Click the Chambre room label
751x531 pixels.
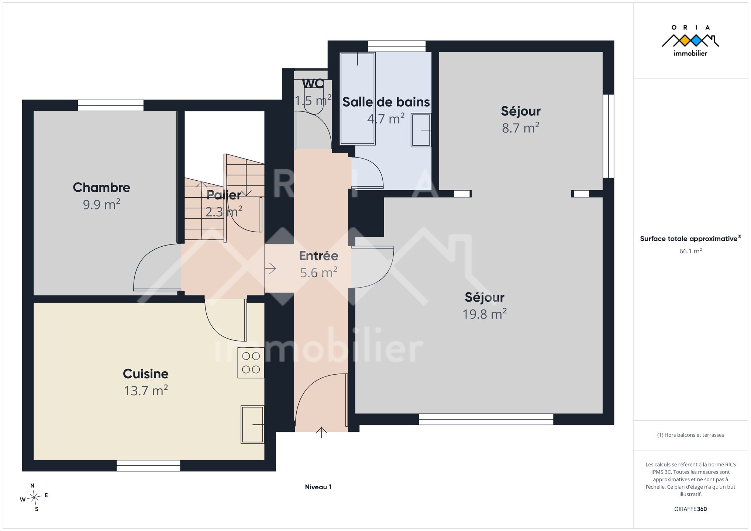(x=101, y=187)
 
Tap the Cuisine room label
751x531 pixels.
(x=146, y=374)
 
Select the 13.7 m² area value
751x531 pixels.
(x=146, y=391)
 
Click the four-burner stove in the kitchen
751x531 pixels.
(x=251, y=363)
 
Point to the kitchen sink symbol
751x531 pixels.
(x=252, y=424)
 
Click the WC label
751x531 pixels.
(x=313, y=84)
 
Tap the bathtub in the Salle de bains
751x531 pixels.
(x=358, y=98)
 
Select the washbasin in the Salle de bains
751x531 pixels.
(x=421, y=130)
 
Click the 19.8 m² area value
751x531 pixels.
(x=485, y=314)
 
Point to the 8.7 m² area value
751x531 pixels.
(x=520, y=128)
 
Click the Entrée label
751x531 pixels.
(x=318, y=256)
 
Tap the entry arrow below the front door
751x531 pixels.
(x=321, y=433)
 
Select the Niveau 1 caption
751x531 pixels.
(x=318, y=487)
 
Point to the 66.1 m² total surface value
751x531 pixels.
(x=690, y=251)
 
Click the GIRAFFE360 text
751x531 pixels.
(x=690, y=509)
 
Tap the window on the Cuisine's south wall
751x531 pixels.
(x=148, y=466)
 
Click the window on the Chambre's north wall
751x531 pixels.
(x=111, y=105)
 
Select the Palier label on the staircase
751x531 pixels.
(x=224, y=195)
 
